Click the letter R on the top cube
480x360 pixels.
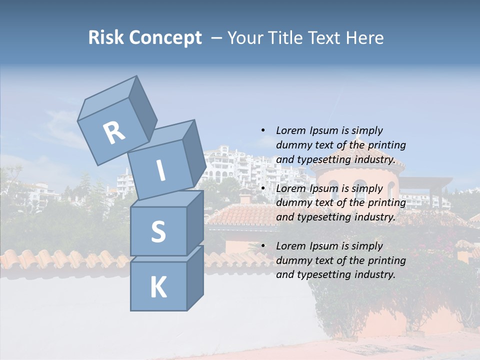point(114,132)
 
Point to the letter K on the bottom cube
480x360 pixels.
point(158,287)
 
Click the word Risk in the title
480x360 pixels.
point(105,37)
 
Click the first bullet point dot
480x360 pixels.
point(263,130)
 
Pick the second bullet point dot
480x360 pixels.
point(263,188)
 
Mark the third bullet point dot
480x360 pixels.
point(263,246)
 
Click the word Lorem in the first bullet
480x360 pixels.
point(290,130)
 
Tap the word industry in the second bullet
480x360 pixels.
point(375,217)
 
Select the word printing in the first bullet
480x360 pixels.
point(386,145)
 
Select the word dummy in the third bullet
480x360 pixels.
point(292,260)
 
